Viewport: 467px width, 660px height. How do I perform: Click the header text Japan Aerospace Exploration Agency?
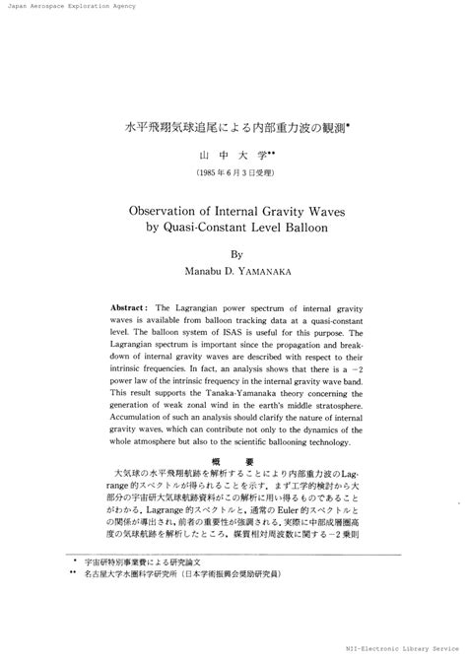(69, 6)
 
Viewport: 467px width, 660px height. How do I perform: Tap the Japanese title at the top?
(233, 128)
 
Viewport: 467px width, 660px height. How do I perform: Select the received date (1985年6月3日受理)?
(233, 172)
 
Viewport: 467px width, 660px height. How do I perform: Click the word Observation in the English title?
(173, 210)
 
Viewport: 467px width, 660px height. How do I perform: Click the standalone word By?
(234, 253)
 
